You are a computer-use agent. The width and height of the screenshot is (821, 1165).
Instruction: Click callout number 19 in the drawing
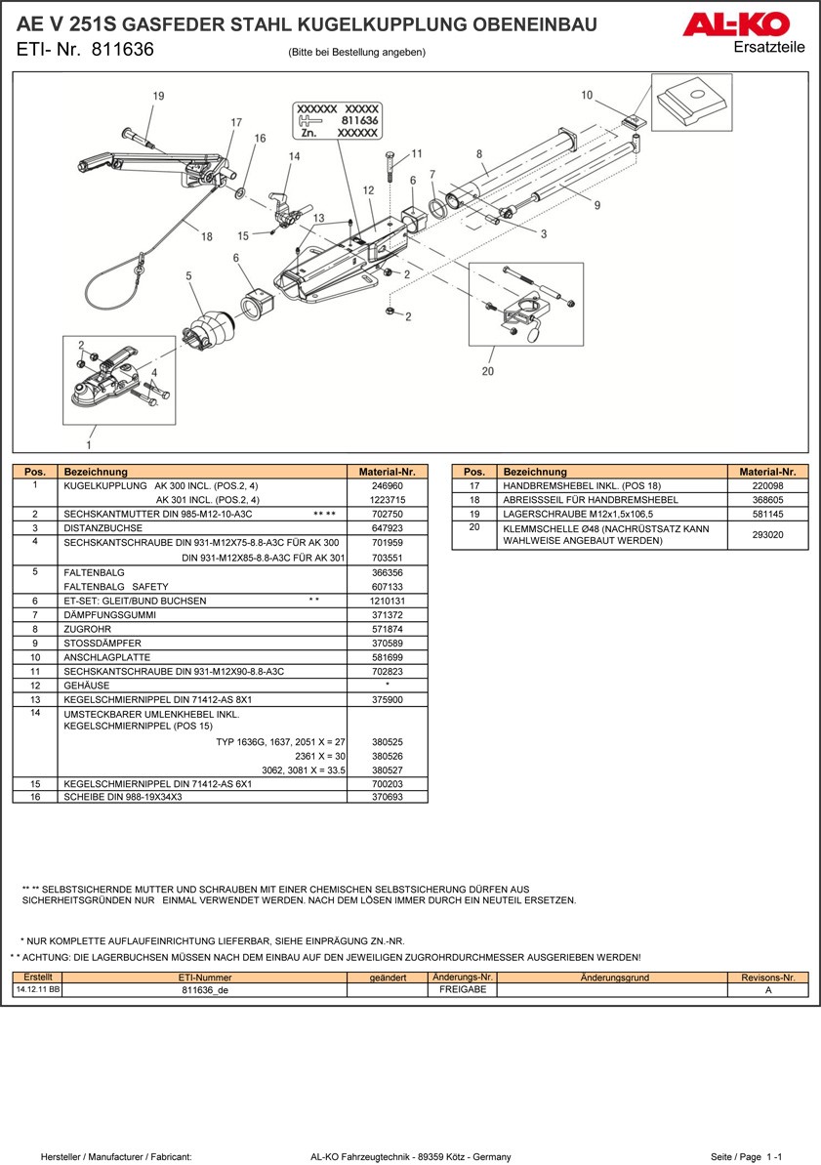coord(158,96)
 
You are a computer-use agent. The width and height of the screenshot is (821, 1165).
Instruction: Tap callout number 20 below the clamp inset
coord(488,371)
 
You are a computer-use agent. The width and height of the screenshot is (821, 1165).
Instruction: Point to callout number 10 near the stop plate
coord(587,96)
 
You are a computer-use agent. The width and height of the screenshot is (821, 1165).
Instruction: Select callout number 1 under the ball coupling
coord(89,444)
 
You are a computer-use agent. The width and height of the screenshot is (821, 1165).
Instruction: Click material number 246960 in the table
coord(387,485)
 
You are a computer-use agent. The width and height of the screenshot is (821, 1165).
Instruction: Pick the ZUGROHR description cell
coord(203,629)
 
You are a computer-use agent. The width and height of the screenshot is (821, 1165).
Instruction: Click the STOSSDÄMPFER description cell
coord(203,644)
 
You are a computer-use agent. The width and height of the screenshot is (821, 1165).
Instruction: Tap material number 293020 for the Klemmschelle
coord(767,534)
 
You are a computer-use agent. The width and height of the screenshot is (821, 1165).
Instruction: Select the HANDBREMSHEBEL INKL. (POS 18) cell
coord(611,485)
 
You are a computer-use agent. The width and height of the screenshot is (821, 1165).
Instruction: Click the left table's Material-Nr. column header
coord(387,472)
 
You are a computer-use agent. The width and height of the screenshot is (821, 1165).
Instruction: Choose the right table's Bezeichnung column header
coord(611,472)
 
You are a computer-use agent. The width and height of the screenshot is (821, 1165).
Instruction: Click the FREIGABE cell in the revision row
coord(463,989)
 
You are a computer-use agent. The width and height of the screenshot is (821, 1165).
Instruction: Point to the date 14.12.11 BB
coord(37,989)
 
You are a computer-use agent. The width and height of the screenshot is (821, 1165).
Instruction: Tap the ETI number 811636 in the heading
coord(122,50)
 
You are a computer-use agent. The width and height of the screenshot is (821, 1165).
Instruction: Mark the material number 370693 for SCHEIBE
coord(387,797)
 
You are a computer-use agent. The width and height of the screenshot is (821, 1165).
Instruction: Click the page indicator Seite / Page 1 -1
coord(746,1157)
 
